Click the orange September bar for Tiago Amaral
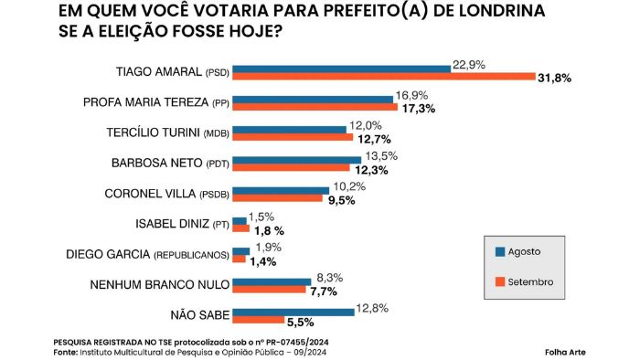pyautogui.click(x=384, y=76)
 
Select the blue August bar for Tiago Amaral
pyautogui.click(x=342, y=69)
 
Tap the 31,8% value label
pyautogui.click(x=554, y=79)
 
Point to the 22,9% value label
pyautogui.click(x=469, y=65)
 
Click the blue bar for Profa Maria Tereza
pyautogui.click(x=313, y=100)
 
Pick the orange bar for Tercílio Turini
pyautogui.click(x=293, y=137)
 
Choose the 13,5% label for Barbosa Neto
pyautogui.click(x=381, y=155)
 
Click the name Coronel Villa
pyautogui.click(x=150, y=194)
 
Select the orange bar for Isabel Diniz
pyautogui.click(x=240, y=228)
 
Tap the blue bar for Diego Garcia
pyautogui.click(x=240, y=251)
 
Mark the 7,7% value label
pyautogui.click(x=324, y=291)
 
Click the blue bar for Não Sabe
pyautogui.click(x=293, y=312)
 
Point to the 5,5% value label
pyautogui.click(x=301, y=323)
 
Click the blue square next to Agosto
pyautogui.click(x=500, y=251)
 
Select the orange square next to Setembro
pyautogui.click(x=500, y=281)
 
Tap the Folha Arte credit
pyautogui.click(x=565, y=353)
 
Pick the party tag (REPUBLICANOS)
pyautogui.click(x=191, y=255)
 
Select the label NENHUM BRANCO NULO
pyautogui.click(x=160, y=284)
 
